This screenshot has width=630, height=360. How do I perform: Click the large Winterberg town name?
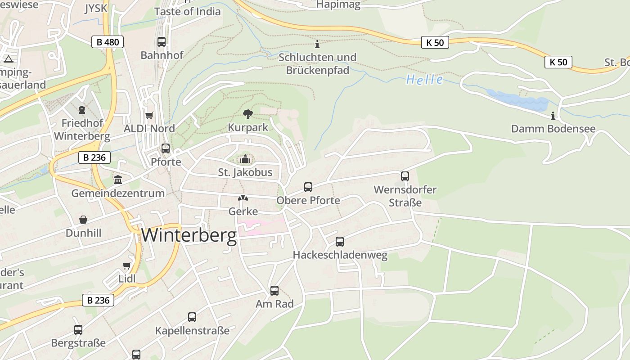(x=189, y=235)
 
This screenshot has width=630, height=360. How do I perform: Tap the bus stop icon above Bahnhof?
(x=162, y=42)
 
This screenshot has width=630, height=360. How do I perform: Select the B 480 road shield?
(x=108, y=42)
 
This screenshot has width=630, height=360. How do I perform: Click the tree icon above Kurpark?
(x=247, y=114)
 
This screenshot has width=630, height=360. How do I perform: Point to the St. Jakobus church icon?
(x=245, y=159)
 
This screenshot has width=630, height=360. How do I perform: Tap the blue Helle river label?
(x=424, y=80)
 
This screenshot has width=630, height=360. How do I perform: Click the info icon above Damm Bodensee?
(x=553, y=116)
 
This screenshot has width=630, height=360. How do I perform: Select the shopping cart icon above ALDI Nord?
(x=149, y=115)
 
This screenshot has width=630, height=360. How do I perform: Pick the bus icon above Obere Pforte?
(x=308, y=187)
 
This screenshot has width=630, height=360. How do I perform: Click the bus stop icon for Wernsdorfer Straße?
(x=405, y=176)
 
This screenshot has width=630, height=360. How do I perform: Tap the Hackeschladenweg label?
(x=340, y=255)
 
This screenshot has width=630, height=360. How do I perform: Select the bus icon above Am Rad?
(x=274, y=291)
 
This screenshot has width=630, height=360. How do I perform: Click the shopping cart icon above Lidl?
(x=127, y=266)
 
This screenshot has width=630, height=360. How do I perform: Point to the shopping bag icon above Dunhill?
(x=83, y=220)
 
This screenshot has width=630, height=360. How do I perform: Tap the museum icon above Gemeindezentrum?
(x=118, y=180)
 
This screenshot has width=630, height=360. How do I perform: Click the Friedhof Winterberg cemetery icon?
(x=82, y=109)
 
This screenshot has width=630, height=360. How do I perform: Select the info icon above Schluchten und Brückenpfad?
(x=317, y=44)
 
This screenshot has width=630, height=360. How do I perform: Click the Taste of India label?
(x=188, y=11)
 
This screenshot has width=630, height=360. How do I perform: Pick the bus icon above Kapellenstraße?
(x=192, y=317)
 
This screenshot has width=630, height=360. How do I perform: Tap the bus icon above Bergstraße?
(x=78, y=329)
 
